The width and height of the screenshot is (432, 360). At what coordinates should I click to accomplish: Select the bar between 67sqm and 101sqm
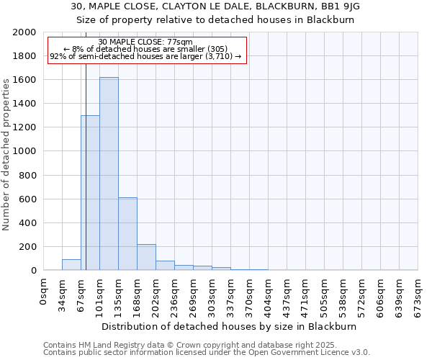click(90, 193)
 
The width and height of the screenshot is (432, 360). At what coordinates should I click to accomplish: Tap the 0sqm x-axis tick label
click(44, 291)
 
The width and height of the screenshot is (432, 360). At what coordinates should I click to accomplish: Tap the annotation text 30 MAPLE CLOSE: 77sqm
click(145, 42)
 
